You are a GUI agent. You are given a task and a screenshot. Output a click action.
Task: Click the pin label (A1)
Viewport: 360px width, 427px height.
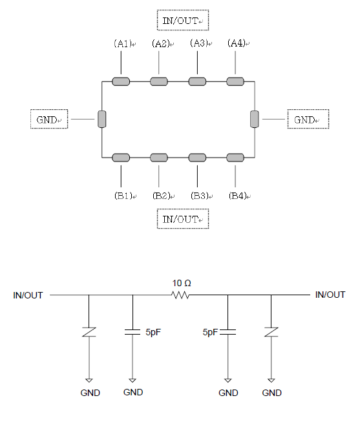tap(123, 43)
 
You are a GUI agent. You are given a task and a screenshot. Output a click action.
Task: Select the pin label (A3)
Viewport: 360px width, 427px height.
tap(199, 43)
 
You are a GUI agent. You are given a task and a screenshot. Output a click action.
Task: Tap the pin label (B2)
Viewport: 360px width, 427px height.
tap(162, 196)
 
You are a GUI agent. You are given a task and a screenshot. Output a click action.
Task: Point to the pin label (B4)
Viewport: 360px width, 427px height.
tap(238, 196)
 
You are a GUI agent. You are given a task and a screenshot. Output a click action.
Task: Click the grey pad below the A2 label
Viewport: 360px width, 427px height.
tap(159, 81)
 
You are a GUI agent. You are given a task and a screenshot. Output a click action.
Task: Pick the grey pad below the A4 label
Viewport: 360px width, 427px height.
tap(235, 81)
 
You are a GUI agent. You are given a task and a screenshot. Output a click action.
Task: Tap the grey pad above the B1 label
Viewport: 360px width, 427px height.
tap(121, 158)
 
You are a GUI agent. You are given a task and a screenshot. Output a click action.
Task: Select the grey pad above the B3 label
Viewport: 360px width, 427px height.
tap(197, 158)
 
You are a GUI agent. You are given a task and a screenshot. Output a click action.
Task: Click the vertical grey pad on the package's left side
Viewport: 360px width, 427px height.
tap(102, 119)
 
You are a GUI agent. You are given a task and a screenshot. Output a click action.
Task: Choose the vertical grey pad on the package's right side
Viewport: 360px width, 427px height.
tap(255, 119)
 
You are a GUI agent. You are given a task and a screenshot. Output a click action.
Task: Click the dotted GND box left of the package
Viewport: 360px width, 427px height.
tap(49, 119)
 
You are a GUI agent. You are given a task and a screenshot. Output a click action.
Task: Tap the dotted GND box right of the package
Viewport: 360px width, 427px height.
tap(308, 119)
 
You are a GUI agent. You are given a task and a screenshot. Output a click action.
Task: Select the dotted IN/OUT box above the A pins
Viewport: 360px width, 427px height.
tap(183, 20)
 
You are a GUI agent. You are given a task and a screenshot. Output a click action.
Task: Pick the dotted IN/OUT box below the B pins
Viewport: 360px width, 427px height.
tap(183, 219)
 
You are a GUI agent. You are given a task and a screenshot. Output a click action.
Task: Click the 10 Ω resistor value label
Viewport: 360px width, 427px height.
tap(182, 283)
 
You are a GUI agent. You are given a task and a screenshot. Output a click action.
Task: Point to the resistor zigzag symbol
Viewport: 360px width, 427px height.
tap(180, 295)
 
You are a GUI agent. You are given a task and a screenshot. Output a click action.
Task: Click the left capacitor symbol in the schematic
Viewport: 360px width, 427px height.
tap(132, 332)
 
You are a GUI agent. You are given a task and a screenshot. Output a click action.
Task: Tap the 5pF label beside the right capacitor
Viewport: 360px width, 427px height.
tap(210, 332)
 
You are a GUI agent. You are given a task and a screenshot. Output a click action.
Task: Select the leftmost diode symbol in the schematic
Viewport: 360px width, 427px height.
tap(89, 332)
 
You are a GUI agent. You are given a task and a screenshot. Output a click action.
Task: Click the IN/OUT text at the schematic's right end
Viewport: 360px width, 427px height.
tap(330, 295)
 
